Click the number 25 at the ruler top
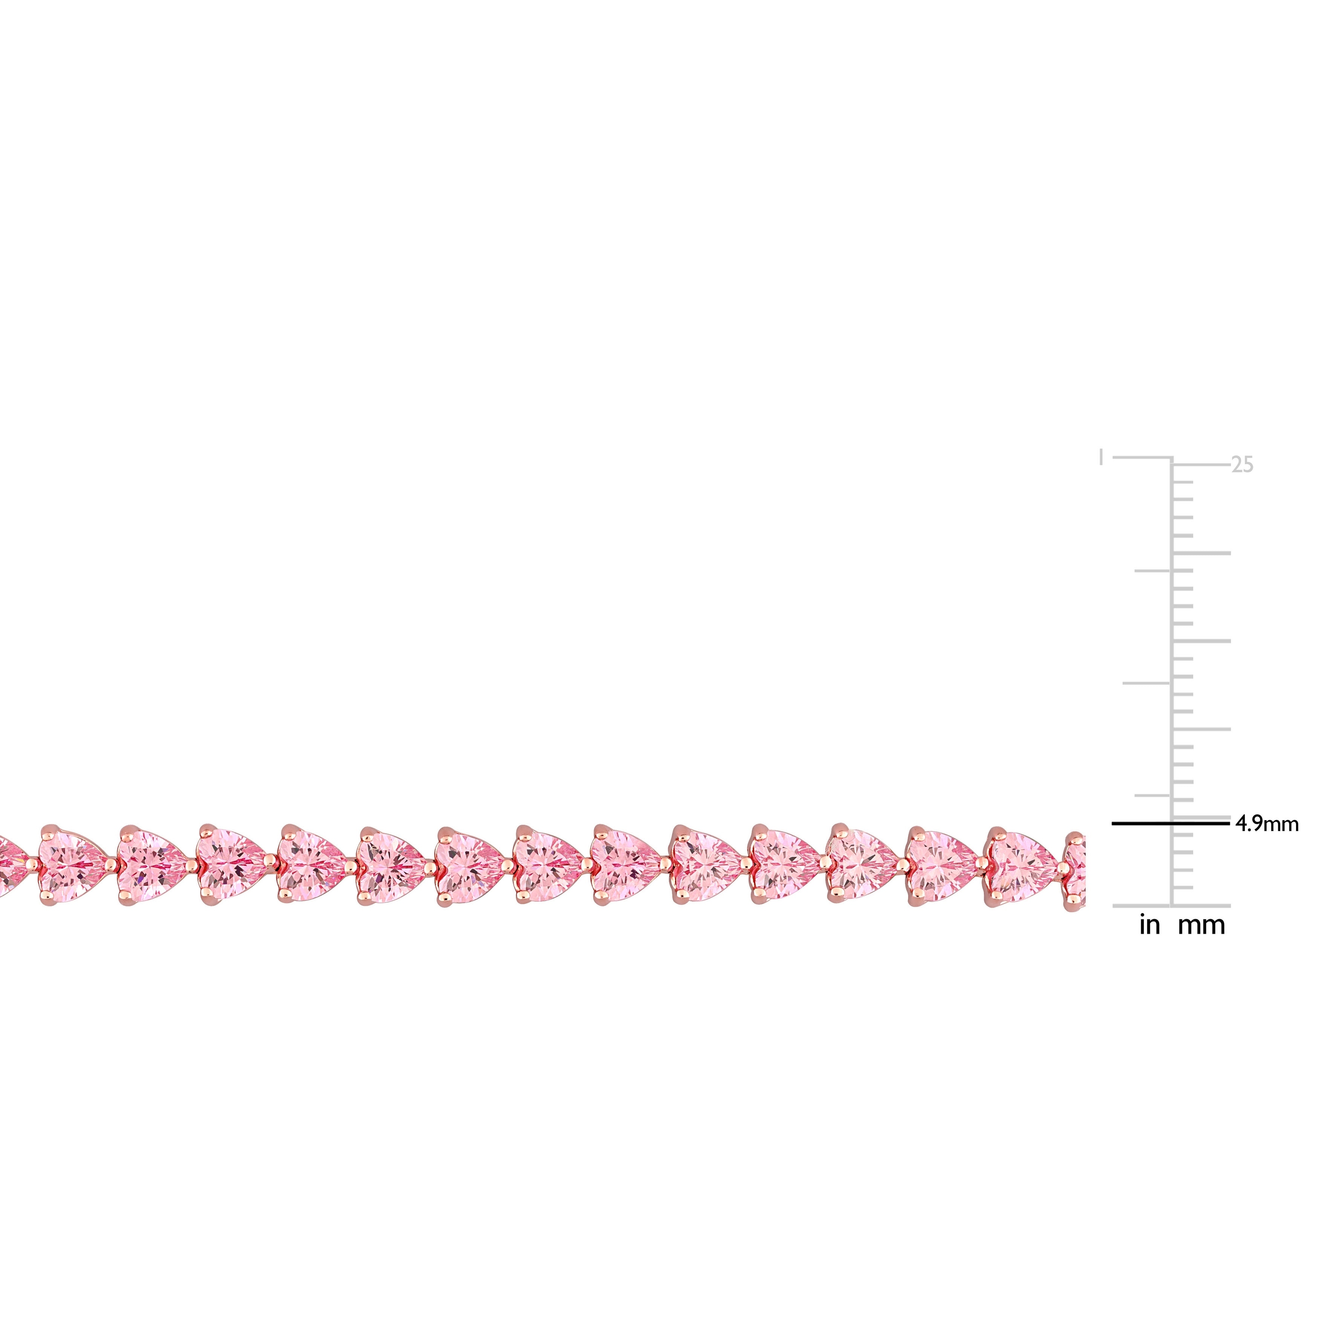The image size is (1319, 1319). [1242, 465]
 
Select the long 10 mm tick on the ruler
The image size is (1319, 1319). [1201, 729]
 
